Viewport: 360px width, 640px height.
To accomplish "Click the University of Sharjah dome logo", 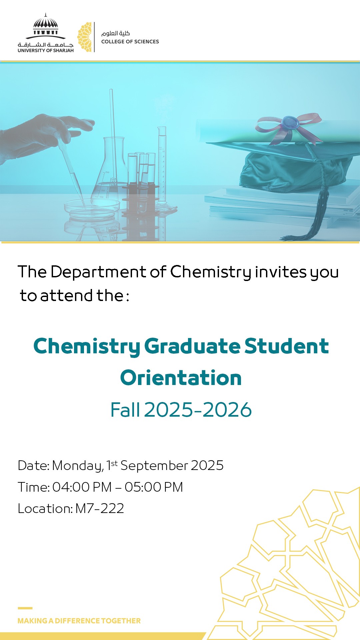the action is (46, 33).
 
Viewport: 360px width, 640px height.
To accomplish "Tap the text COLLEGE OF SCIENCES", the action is (130, 42).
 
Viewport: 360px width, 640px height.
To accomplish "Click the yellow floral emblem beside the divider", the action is (84, 37).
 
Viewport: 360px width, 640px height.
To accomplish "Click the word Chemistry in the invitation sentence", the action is (211, 272).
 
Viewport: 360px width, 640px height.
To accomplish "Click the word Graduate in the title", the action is (192, 346).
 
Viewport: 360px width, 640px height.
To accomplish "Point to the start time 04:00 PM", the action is (82, 487).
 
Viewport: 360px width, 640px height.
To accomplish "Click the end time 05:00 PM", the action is (154, 487).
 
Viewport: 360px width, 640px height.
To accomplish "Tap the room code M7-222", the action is (100, 508).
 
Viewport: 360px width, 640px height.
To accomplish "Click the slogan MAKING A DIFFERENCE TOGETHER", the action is (79, 621).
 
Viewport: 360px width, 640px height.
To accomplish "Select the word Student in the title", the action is (287, 346).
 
